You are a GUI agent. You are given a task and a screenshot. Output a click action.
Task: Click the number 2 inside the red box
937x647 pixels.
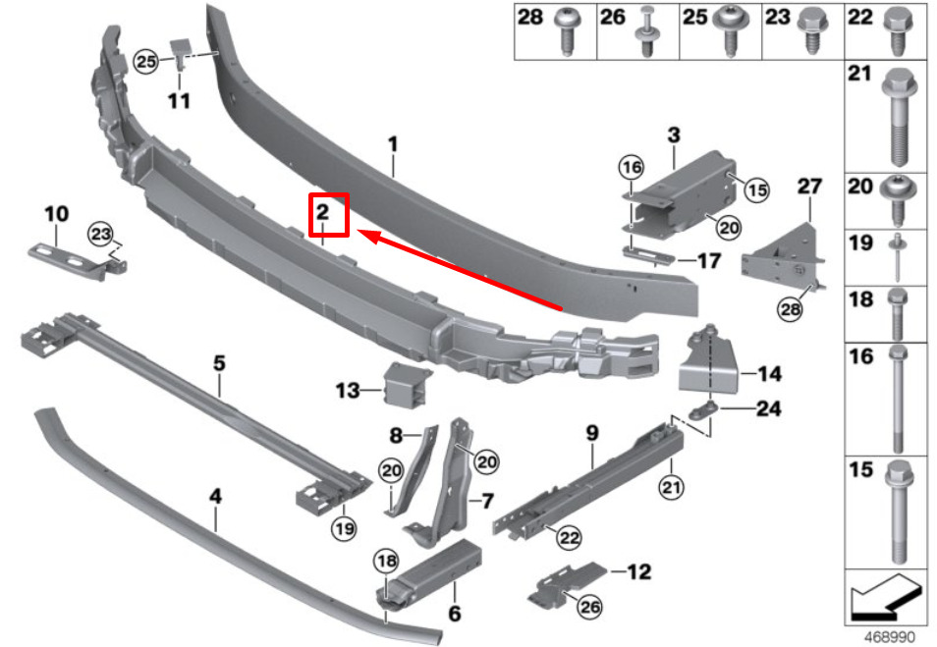323,211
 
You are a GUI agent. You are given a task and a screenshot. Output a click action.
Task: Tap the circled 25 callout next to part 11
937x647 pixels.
145,61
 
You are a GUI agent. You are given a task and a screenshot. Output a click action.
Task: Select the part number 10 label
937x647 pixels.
57,213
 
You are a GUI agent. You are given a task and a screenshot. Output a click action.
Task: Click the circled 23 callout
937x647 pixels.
100,234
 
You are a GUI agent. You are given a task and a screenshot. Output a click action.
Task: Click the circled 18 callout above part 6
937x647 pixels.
386,561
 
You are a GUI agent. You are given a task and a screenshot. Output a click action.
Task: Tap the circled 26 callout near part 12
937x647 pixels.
589,607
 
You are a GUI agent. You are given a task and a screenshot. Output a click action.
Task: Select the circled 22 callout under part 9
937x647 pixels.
569,538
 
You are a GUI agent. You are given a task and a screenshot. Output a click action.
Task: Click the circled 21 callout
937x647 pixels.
671,488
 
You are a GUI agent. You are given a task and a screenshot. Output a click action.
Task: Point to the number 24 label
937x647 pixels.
769,408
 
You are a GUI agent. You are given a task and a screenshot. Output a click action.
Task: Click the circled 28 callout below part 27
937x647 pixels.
790,309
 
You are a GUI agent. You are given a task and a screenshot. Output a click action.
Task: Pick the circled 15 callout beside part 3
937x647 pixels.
757,190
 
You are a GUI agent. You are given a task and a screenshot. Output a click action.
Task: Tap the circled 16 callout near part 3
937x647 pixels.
632,167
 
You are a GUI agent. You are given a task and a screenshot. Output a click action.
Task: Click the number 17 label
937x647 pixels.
709,261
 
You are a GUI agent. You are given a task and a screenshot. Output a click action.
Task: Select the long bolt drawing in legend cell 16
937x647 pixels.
897,399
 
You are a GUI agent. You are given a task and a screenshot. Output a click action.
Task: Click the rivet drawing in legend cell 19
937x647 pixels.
897,258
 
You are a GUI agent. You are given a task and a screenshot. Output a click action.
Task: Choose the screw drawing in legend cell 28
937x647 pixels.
565,31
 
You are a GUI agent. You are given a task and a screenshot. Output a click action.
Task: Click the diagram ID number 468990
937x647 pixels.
890,637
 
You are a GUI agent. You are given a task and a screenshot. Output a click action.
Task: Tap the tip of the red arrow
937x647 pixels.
358,231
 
